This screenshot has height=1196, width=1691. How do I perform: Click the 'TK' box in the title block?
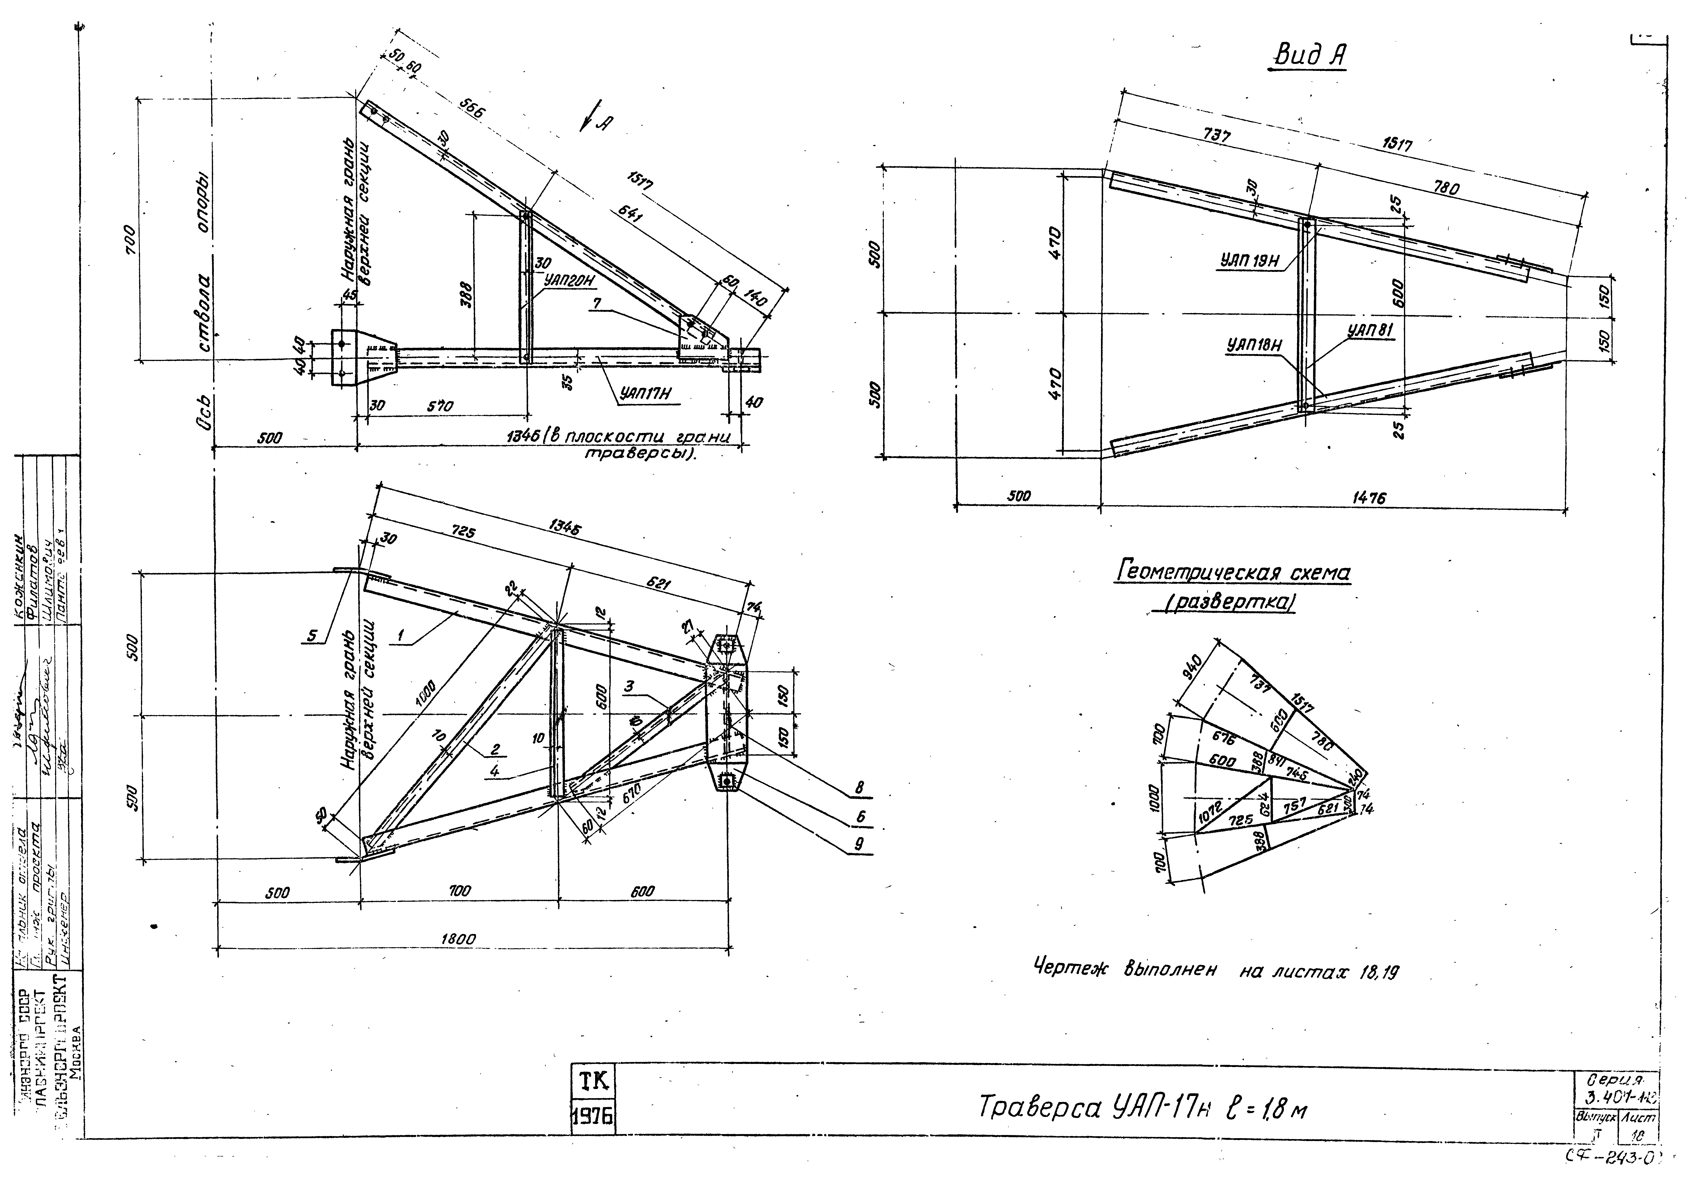[x=594, y=1081]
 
